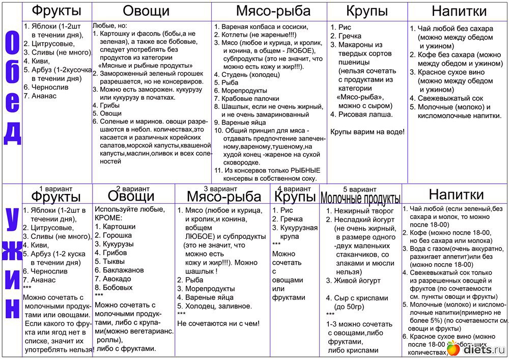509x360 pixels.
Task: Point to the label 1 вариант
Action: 55,188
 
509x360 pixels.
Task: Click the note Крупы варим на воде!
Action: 367,131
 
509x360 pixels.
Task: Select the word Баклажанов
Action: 123,270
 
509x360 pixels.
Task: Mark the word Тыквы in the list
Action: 112,261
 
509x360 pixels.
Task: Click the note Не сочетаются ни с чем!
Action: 218,323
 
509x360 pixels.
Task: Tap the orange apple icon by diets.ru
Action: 453,349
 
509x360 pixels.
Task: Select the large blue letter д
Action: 12,133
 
